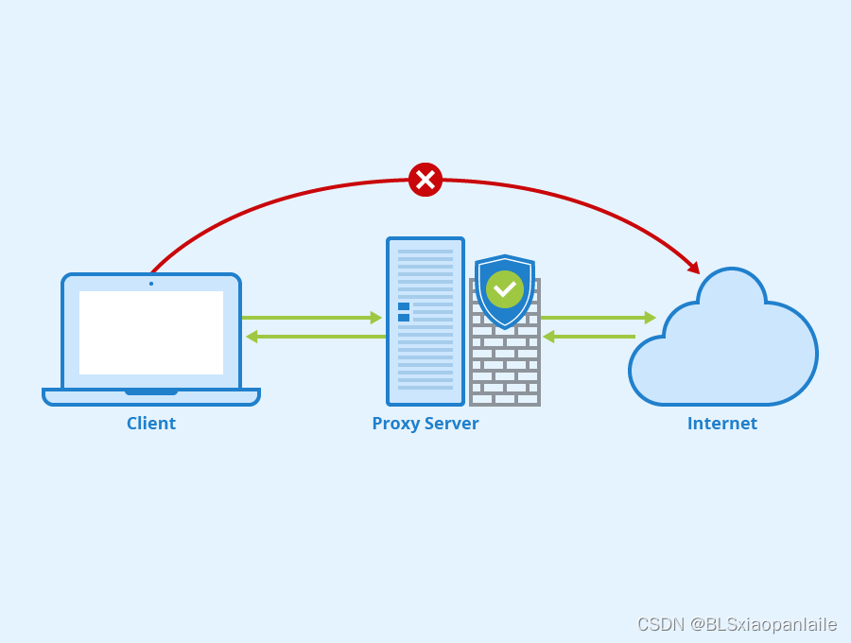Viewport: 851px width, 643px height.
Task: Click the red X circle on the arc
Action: coord(425,180)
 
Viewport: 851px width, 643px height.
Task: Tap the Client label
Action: coord(151,424)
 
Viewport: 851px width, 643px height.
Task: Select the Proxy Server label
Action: coord(425,424)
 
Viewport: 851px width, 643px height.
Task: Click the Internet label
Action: coord(722,424)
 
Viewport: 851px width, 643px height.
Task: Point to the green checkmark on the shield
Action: coord(505,288)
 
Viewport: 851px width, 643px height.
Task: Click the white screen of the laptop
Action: coord(151,332)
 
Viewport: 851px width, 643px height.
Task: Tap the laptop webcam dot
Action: coord(151,283)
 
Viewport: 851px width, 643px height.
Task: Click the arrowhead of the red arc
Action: coord(694,269)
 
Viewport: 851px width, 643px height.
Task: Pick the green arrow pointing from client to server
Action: coord(312,318)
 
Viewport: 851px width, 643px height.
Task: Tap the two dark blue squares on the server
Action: coord(404,312)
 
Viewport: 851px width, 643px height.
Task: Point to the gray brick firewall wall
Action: coord(505,369)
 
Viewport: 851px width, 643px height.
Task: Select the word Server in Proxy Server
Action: coord(450,424)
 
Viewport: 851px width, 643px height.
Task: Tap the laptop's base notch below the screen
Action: coord(151,391)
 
